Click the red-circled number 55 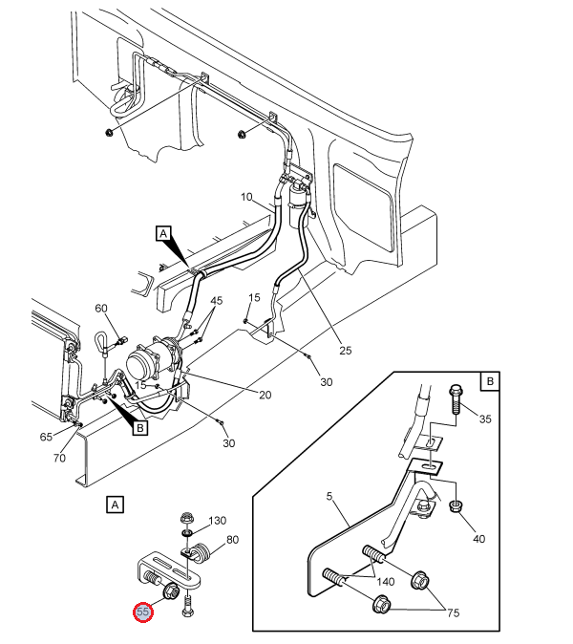pyautogui.click(x=143, y=612)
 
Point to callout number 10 pyautogui.click(x=246, y=197)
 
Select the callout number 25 pyautogui.click(x=346, y=351)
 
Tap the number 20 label pyautogui.click(x=265, y=396)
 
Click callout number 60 pyautogui.click(x=101, y=308)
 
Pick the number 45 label pyautogui.click(x=217, y=301)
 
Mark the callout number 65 pyautogui.click(x=46, y=437)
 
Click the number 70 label pyautogui.click(x=59, y=458)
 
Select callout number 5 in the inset pyautogui.click(x=329, y=496)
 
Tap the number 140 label pyautogui.click(x=386, y=582)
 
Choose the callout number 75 pyautogui.click(x=453, y=612)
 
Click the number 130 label pyautogui.click(x=217, y=521)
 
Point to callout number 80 pyautogui.click(x=232, y=540)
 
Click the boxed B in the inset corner pyautogui.click(x=490, y=381)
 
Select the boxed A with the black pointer pyautogui.click(x=163, y=233)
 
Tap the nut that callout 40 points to pyautogui.click(x=455, y=506)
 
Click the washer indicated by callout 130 pyautogui.click(x=187, y=533)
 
